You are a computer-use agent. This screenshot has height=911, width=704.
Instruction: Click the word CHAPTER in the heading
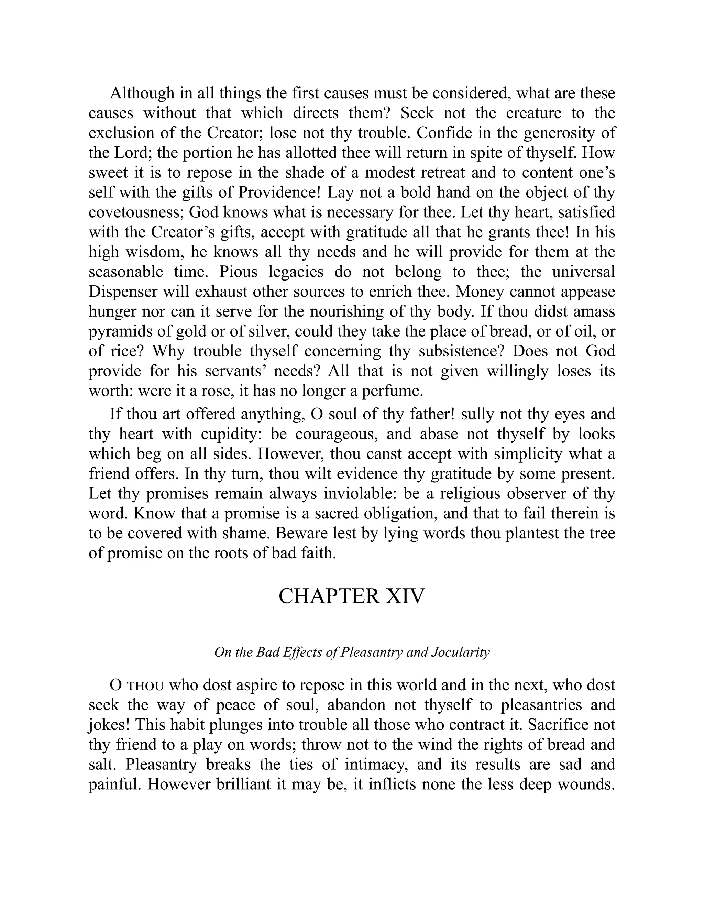[x=329, y=596]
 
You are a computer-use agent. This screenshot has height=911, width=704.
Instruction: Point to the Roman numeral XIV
[x=404, y=596]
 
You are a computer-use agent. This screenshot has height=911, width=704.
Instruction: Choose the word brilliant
[x=244, y=784]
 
